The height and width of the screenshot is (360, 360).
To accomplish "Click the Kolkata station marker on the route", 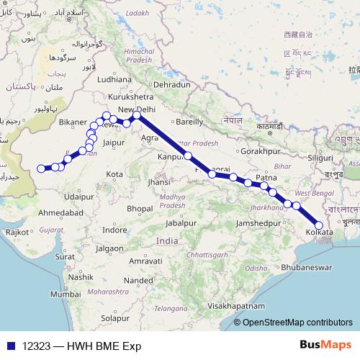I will (x=319, y=226).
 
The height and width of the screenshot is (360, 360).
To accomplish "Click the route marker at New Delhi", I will (x=137, y=115).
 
